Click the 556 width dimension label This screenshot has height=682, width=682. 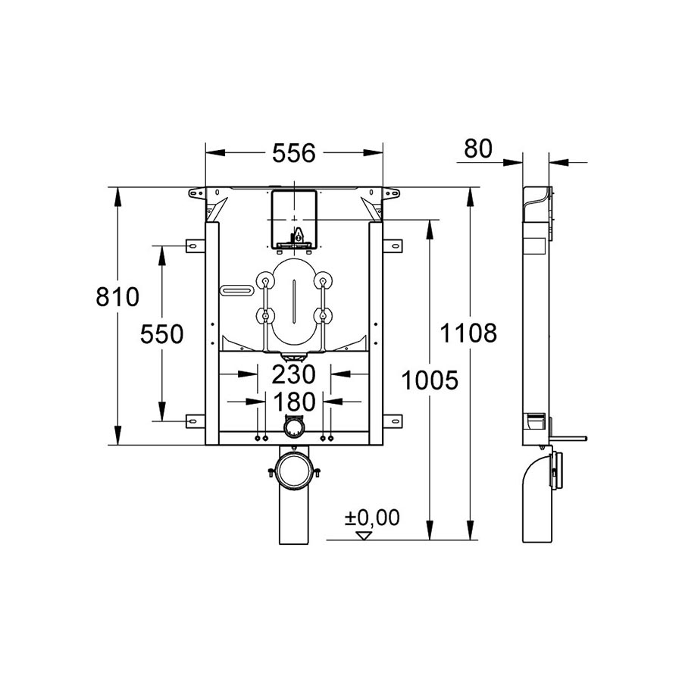click(x=293, y=153)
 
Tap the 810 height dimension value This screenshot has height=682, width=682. click(x=117, y=297)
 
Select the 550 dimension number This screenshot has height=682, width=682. click(x=162, y=334)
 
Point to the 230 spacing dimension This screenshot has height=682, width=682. click(x=293, y=374)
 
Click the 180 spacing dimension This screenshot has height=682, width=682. click(x=294, y=402)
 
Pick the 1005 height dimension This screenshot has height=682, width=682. click(x=430, y=380)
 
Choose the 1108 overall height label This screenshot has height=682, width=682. click(x=468, y=333)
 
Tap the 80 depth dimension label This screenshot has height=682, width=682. click(x=478, y=149)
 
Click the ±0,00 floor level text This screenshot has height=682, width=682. click(x=372, y=518)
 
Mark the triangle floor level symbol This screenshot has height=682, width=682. click(x=364, y=536)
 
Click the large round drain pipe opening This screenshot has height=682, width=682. click(x=295, y=470)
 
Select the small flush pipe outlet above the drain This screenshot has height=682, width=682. click(x=294, y=426)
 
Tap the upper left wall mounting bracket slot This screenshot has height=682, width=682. click(x=192, y=246)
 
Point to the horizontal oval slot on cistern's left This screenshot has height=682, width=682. click(x=237, y=289)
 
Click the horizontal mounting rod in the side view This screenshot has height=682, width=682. click(x=568, y=438)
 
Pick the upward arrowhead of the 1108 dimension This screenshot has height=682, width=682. click(x=470, y=197)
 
